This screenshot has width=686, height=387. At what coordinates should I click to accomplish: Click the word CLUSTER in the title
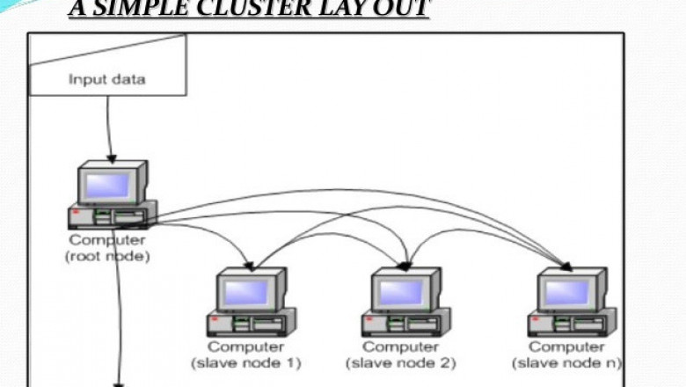pos(257,9)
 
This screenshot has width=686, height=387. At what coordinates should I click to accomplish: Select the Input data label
pos(107,79)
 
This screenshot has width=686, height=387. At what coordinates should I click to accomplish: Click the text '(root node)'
pos(108,256)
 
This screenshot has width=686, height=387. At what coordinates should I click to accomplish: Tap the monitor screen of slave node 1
pos(247,291)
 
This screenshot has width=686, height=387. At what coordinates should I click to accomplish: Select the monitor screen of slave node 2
pos(404,291)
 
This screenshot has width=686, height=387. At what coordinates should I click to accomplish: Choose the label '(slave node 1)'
pos(246,362)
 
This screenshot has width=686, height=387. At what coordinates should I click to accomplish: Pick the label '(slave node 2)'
pos(402,362)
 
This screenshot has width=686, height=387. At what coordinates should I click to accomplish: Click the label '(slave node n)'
pos(568,362)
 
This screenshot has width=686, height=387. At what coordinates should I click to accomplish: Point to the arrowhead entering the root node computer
pos(111,158)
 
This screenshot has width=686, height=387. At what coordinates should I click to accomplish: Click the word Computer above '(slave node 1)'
pos(245,347)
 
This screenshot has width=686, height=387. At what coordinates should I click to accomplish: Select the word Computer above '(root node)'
pos(107,240)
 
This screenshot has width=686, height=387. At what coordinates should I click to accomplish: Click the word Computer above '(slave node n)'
pos(567,347)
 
